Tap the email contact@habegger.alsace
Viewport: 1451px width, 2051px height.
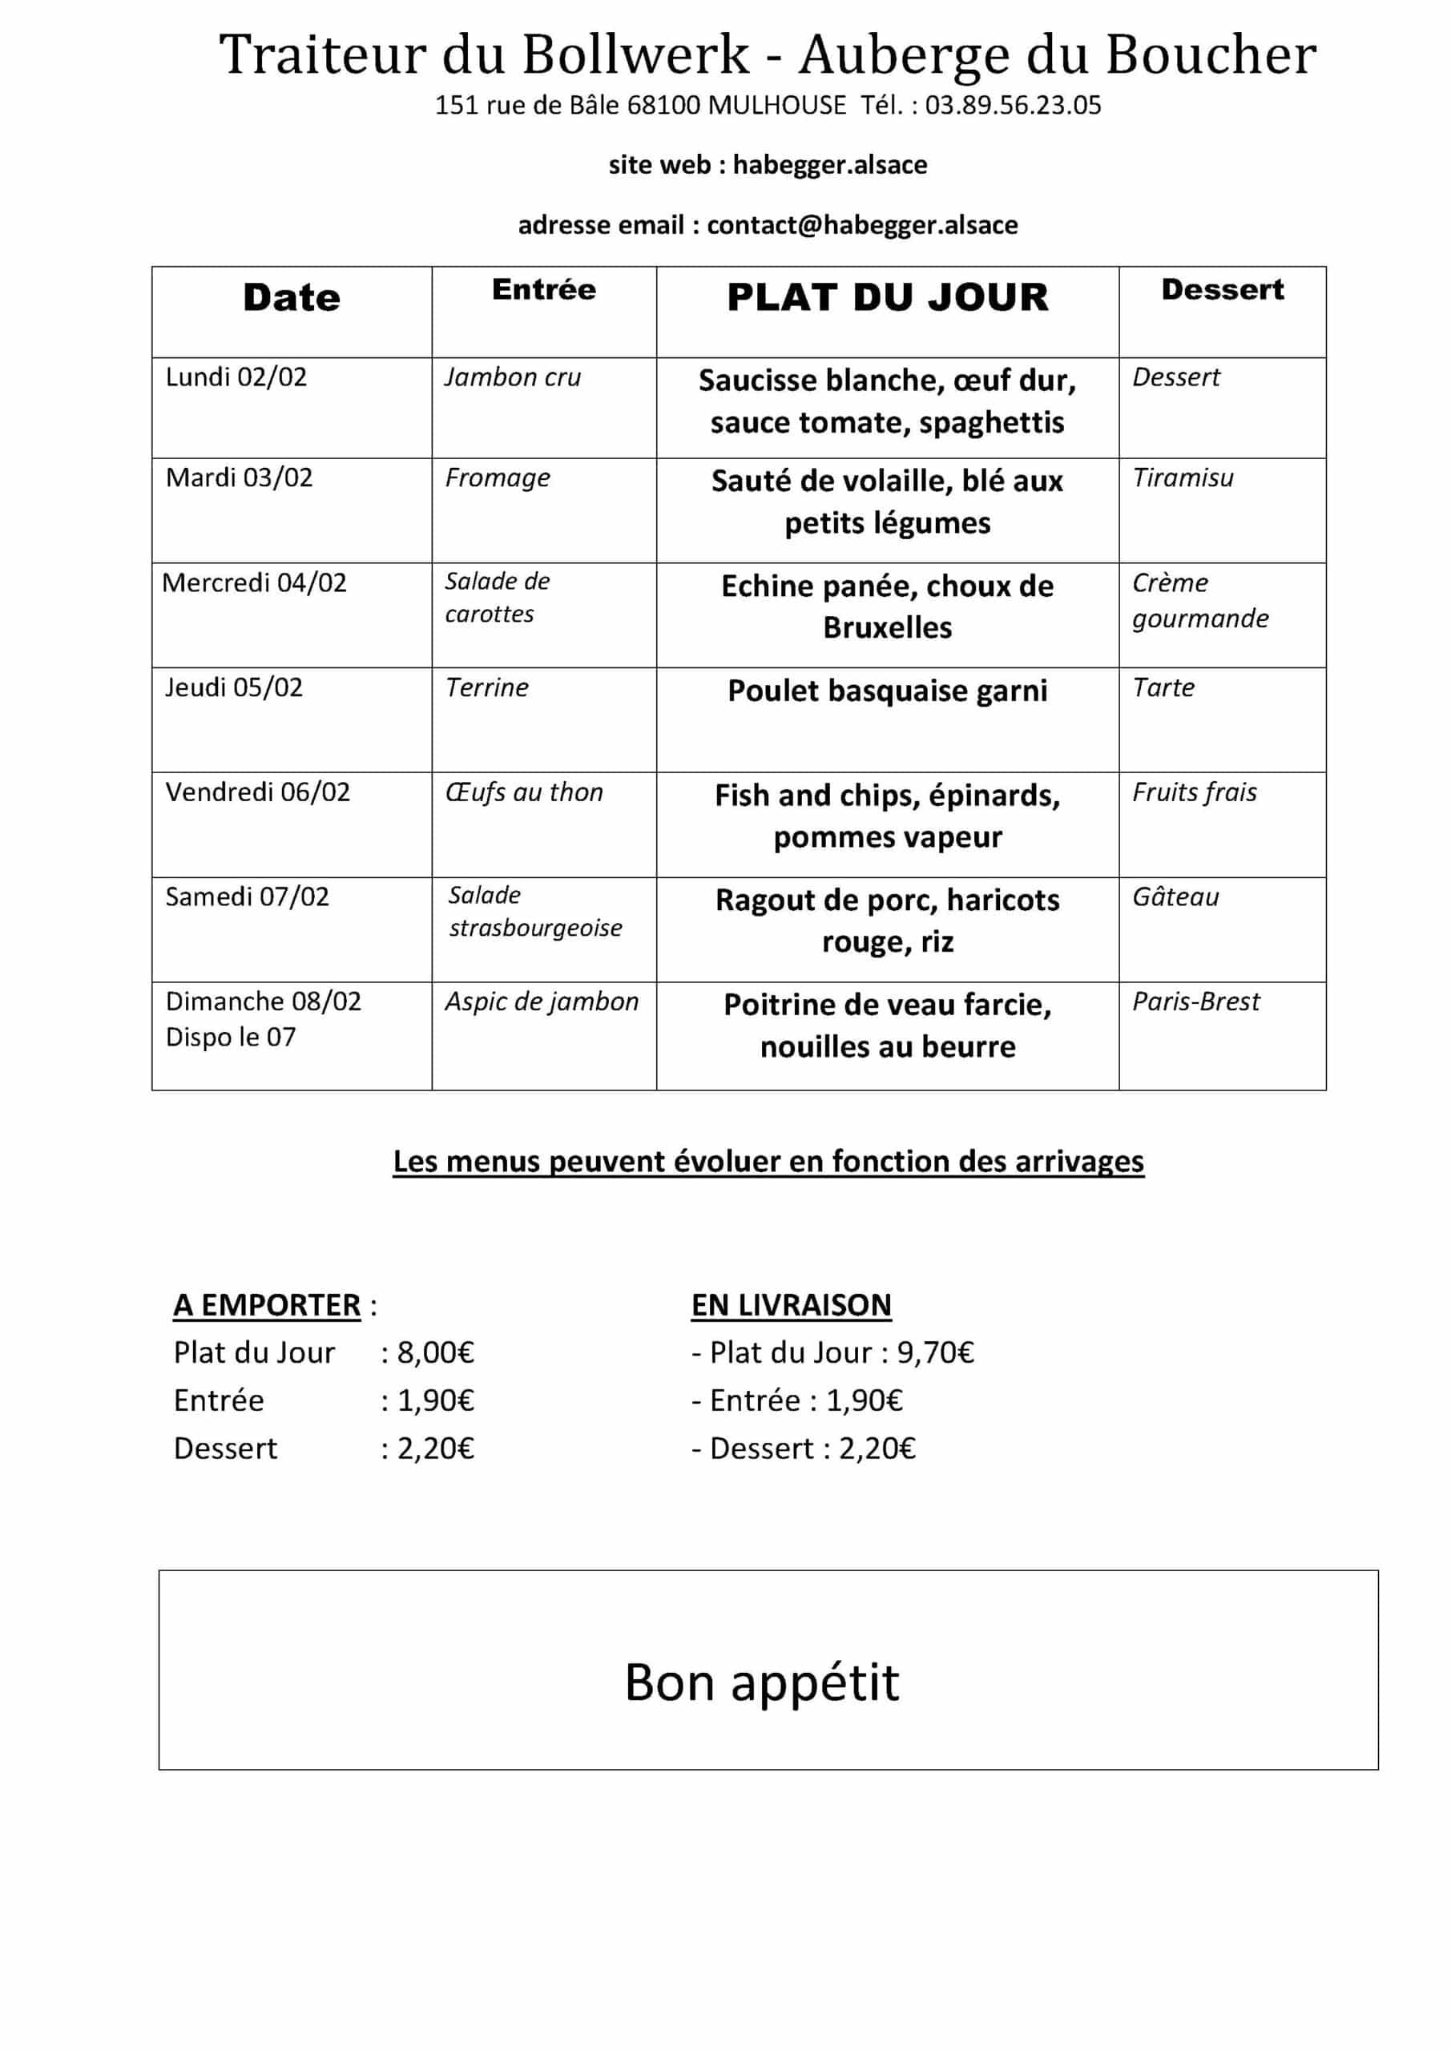[861, 225]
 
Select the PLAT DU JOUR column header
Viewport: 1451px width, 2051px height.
[886, 297]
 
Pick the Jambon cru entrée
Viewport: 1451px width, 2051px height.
[512, 377]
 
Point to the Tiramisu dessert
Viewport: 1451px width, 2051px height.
[1182, 478]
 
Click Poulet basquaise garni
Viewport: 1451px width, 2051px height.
[886, 691]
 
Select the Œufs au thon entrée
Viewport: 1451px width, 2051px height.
[523, 792]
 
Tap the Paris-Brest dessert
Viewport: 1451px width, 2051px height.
[1195, 1001]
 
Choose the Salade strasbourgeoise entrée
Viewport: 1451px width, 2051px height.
[534, 912]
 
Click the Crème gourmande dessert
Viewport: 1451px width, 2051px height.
[1199, 600]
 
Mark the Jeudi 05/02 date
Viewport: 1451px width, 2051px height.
[234, 687]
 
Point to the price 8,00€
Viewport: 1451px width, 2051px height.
[435, 1352]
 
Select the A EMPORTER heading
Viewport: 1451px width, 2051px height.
[266, 1305]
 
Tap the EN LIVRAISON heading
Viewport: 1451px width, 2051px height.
[791, 1305]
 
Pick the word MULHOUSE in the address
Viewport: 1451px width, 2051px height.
[776, 106]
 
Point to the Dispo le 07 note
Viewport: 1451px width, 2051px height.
[231, 1037]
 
